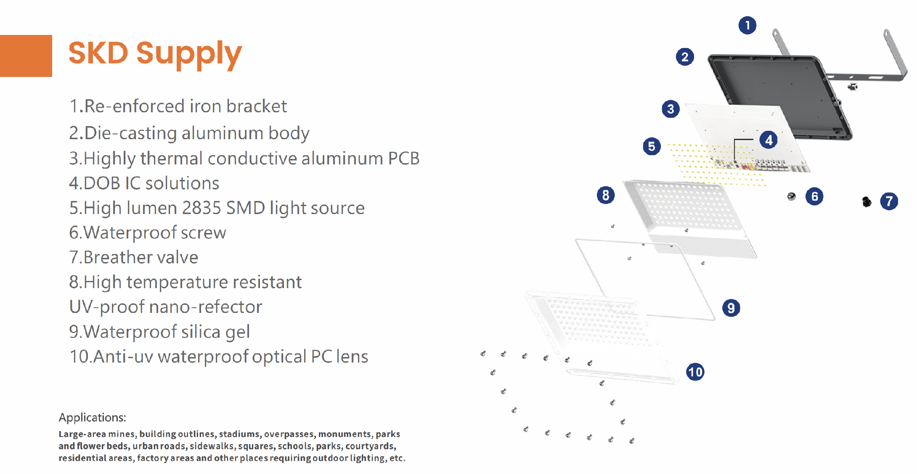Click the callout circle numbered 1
coord(747,26)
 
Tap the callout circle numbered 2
coord(685,57)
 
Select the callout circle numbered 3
coord(671,109)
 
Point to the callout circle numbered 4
coord(769,140)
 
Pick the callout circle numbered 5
coord(652,146)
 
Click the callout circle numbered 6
coord(814,196)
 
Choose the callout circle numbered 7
coord(889,201)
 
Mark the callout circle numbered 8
coord(606,195)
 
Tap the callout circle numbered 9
coord(731,308)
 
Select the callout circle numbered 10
coord(695,372)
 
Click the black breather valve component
coord(867,202)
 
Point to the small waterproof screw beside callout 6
coord(791,196)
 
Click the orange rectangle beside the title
coord(26,56)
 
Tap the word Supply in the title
coord(189,55)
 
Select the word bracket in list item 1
coord(256,106)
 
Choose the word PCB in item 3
coord(403,159)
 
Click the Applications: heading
coord(92,418)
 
